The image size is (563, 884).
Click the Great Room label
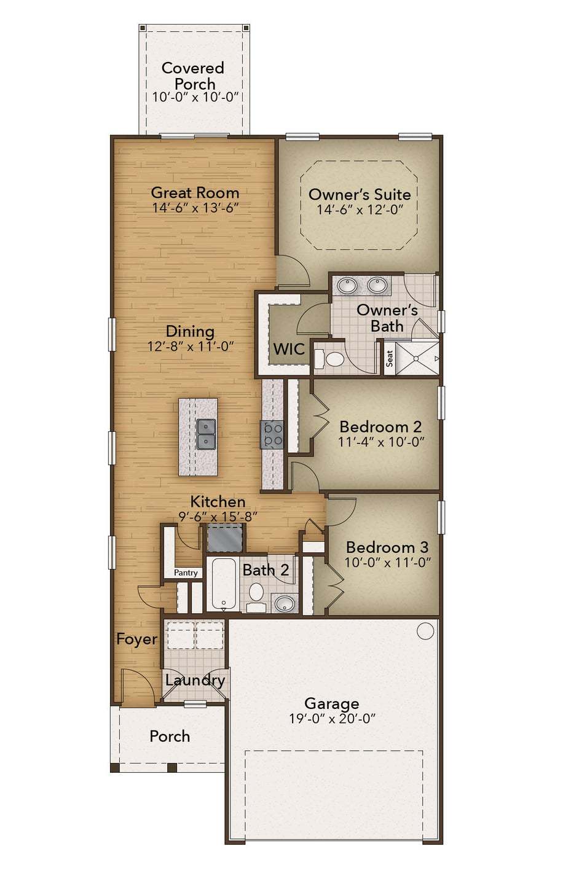click(195, 193)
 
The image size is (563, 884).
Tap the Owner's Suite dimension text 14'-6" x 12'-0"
click(360, 209)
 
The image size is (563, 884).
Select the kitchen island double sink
click(206, 434)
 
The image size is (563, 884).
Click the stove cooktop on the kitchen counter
click(272, 434)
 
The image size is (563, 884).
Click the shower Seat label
click(390, 359)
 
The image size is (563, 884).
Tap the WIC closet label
click(289, 349)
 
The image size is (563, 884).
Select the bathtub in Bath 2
click(224, 584)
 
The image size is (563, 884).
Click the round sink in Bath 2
click(285, 603)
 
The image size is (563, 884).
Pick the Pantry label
click(186, 573)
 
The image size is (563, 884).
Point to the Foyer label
click(136, 639)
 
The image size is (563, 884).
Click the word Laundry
click(195, 681)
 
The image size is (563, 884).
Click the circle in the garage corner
click(425, 631)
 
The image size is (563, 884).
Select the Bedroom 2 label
click(380, 426)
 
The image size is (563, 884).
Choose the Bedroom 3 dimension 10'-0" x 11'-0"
click(387, 562)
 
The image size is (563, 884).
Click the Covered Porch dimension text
click(196, 97)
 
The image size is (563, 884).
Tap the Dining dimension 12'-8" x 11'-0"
click(191, 346)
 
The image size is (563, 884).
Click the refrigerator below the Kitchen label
click(225, 538)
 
